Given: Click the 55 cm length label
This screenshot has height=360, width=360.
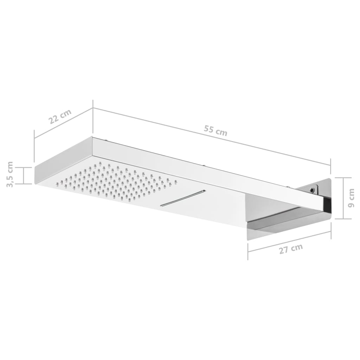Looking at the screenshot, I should tap(216, 131).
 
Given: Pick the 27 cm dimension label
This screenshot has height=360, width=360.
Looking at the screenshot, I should tap(291, 249).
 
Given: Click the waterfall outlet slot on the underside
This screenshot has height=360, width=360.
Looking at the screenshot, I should tap(183, 198).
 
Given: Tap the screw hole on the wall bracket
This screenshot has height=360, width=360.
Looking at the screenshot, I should tap(312, 190).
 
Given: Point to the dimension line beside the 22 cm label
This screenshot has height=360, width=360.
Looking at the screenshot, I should tap(63, 123).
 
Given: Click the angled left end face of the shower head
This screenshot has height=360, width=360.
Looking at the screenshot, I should tap(63, 160).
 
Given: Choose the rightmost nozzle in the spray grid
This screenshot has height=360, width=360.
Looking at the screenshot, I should tap(176, 182).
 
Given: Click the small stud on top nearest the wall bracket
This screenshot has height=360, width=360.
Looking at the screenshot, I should tap(288, 186).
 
